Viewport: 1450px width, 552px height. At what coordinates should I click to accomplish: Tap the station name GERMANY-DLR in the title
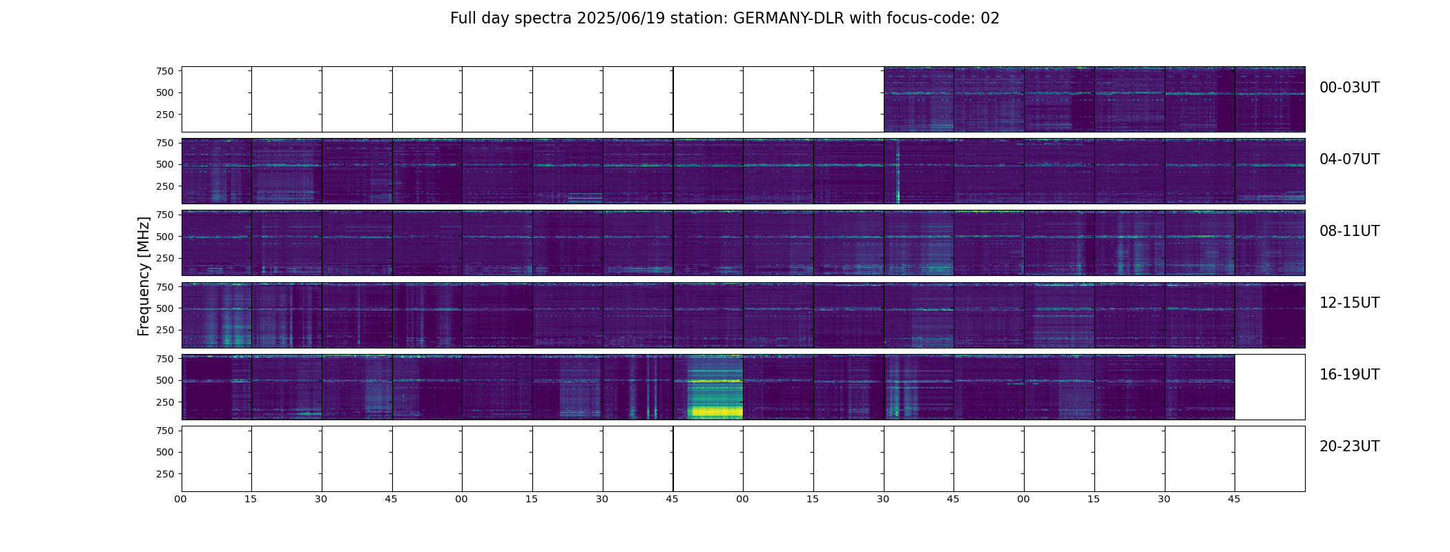click(789, 19)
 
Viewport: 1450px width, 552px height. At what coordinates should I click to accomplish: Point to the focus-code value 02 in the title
click(989, 19)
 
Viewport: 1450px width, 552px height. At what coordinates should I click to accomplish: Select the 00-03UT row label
click(1349, 88)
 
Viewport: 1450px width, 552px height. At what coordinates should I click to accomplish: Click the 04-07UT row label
click(1349, 159)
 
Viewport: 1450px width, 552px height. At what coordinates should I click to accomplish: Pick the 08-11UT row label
click(1349, 231)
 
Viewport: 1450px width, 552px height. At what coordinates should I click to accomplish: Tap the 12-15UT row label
click(1349, 303)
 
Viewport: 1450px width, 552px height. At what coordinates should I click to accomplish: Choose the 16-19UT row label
click(1349, 375)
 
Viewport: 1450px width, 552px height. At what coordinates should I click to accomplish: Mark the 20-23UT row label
click(1349, 446)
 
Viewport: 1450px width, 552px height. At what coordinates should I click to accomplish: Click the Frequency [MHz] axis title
click(144, 276)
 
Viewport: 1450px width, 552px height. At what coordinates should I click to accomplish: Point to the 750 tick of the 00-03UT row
click(165, 71)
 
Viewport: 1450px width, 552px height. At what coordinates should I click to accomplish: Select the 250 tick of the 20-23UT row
click(165, 474)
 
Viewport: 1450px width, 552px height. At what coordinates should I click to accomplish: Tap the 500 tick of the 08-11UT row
click(165, 237)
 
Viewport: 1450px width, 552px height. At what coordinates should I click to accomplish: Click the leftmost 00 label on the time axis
click(181, 499)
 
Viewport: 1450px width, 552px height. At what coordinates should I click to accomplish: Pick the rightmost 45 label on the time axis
click(1234, 499)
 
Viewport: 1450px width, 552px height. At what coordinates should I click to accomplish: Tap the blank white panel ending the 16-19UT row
click(1269, 387)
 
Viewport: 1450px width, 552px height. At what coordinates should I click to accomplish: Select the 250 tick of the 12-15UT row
click(165, 331)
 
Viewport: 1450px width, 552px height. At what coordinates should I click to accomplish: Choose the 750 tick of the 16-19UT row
click(165, 359)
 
